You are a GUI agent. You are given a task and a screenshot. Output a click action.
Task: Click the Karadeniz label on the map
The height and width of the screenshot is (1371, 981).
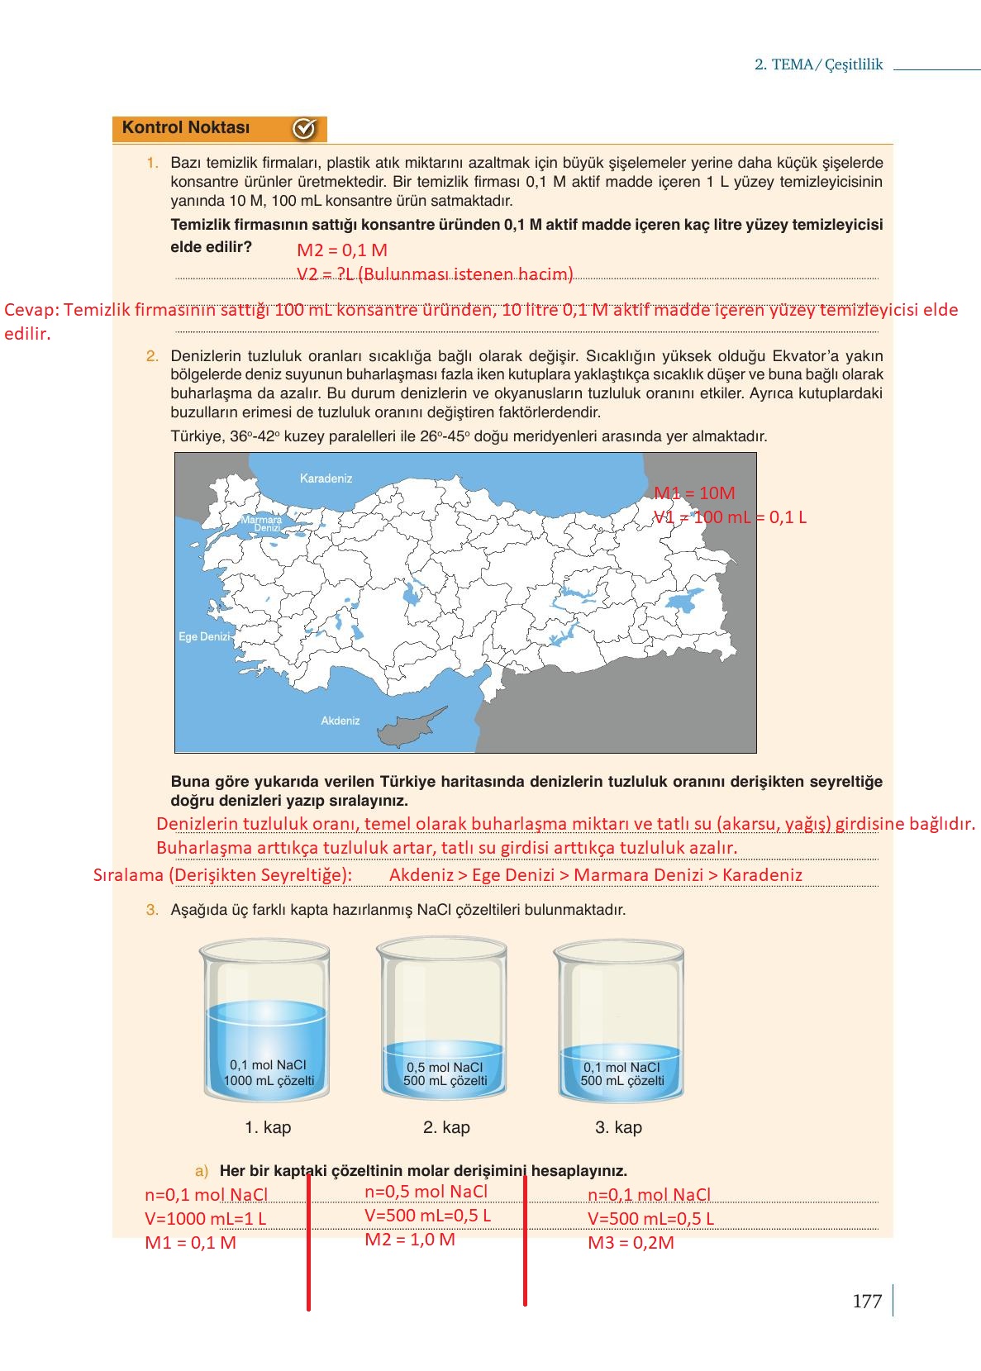point(326,478)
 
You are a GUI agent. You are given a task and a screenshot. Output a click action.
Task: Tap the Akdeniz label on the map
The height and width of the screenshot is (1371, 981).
point(340,721)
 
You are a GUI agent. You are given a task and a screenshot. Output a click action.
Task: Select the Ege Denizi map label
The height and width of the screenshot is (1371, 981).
point(203,637)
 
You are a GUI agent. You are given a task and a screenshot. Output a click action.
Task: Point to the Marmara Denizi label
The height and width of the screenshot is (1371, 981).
point(262,524)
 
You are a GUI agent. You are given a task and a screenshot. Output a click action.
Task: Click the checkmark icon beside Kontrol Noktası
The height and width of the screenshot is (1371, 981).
point(304,129)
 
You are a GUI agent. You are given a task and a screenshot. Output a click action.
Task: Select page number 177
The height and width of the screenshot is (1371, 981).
point(866,1302)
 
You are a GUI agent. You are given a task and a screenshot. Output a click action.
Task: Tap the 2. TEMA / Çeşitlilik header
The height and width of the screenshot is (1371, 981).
point(818,64)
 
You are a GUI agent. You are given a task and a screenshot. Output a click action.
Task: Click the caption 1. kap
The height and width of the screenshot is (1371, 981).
point(268,1127)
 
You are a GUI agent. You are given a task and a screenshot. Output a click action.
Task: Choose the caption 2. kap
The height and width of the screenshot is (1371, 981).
point(446,1127)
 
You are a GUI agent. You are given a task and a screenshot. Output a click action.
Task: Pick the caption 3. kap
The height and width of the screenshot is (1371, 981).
point(618,1127)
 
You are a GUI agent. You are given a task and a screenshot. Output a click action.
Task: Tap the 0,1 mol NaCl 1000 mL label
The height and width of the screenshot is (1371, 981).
point(269,1073)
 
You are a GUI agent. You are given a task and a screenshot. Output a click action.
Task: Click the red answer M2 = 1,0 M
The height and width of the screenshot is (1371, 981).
point(410,1239)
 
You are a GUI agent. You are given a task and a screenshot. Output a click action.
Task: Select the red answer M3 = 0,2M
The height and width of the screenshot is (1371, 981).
point(631,1242)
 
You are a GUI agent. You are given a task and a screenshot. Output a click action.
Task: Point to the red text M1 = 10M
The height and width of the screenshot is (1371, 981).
point(694,493)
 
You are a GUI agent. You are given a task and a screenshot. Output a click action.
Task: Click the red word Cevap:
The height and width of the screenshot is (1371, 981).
point(31,311)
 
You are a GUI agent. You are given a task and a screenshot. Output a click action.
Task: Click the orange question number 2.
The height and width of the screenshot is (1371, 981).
point(152,357)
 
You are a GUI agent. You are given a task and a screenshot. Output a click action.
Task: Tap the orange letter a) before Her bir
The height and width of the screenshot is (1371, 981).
point(202,1171)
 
